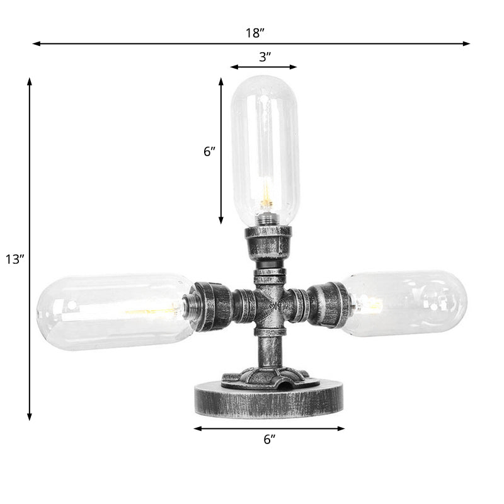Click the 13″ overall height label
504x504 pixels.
point(13,259)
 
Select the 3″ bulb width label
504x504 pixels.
point(265,57)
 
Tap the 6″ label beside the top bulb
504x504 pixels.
point(209,151)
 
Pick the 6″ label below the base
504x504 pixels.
point(270,440)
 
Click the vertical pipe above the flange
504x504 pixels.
point(269,350)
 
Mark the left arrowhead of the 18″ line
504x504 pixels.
point(36,44)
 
